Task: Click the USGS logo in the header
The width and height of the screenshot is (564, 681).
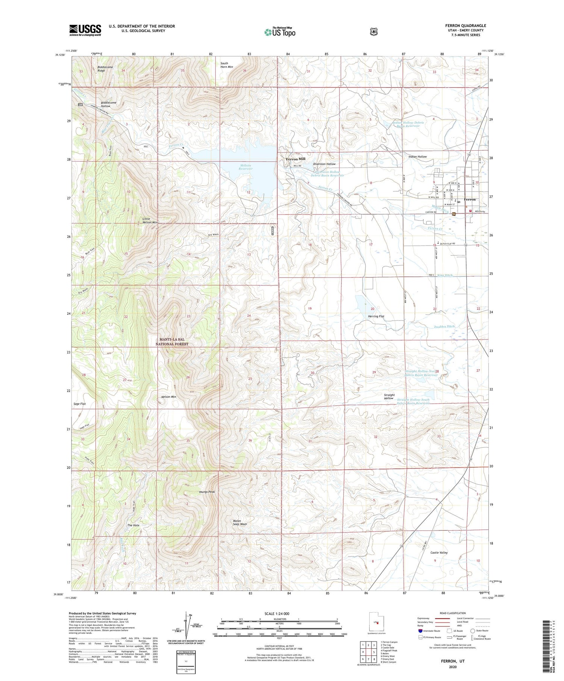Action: tap(85, 30)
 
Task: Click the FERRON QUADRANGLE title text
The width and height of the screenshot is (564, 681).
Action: tap(465, 26)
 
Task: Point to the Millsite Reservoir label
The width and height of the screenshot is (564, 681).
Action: tap(245, 167)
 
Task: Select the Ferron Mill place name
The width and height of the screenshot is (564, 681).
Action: tap(296, 159)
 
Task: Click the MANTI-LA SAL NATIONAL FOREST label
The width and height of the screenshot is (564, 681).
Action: tap(172, 341)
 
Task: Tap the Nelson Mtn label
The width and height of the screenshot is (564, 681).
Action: tap(168, 397)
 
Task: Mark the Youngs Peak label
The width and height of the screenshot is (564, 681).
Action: tap(206, 492)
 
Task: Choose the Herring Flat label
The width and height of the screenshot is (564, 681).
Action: tap(376, 316)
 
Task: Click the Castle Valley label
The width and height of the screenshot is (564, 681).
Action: tap(439, 553)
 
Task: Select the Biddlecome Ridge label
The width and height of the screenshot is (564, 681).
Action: tap(105, 69)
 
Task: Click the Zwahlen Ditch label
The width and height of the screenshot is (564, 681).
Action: tap(444, 326)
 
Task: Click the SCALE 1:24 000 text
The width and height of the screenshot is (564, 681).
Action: tap(279, 614)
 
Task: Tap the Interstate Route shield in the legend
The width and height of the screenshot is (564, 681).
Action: tap(420, 631)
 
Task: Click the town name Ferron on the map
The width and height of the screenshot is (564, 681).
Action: tap(470, 199)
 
